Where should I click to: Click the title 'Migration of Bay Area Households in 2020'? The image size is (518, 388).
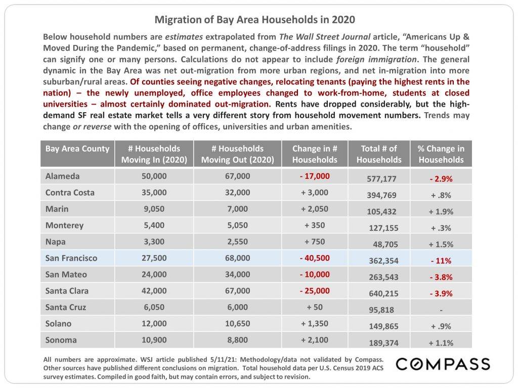coord(255,20)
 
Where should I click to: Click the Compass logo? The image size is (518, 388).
coord(443,364)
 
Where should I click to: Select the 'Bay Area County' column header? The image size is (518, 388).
coord(77,149)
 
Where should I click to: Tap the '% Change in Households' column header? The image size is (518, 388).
coord(441,154)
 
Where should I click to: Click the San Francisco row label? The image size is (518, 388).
coord(71,258)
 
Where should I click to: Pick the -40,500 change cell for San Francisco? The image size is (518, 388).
coord(315,258)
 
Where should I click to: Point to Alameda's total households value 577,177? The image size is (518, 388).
coord(381,179)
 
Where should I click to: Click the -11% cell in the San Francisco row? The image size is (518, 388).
coord(441,261)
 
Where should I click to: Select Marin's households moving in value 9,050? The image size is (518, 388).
coord(154,209)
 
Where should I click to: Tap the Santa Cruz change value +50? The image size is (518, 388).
coord(315,307)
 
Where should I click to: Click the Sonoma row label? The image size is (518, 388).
coord(61,340)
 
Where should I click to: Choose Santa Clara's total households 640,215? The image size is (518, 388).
coord(383,294)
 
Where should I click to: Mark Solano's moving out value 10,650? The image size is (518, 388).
coord(238,323)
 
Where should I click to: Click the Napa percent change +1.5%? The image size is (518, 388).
coord(441,245)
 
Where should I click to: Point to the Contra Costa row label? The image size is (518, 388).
coord(70,192)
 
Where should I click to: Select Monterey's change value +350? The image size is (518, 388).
coord(315,225)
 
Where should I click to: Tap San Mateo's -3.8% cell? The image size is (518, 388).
coord(441,277)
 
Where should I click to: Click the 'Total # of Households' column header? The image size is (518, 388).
coord(379,154)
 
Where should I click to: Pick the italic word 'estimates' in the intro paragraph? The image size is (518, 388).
coord(184,36)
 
